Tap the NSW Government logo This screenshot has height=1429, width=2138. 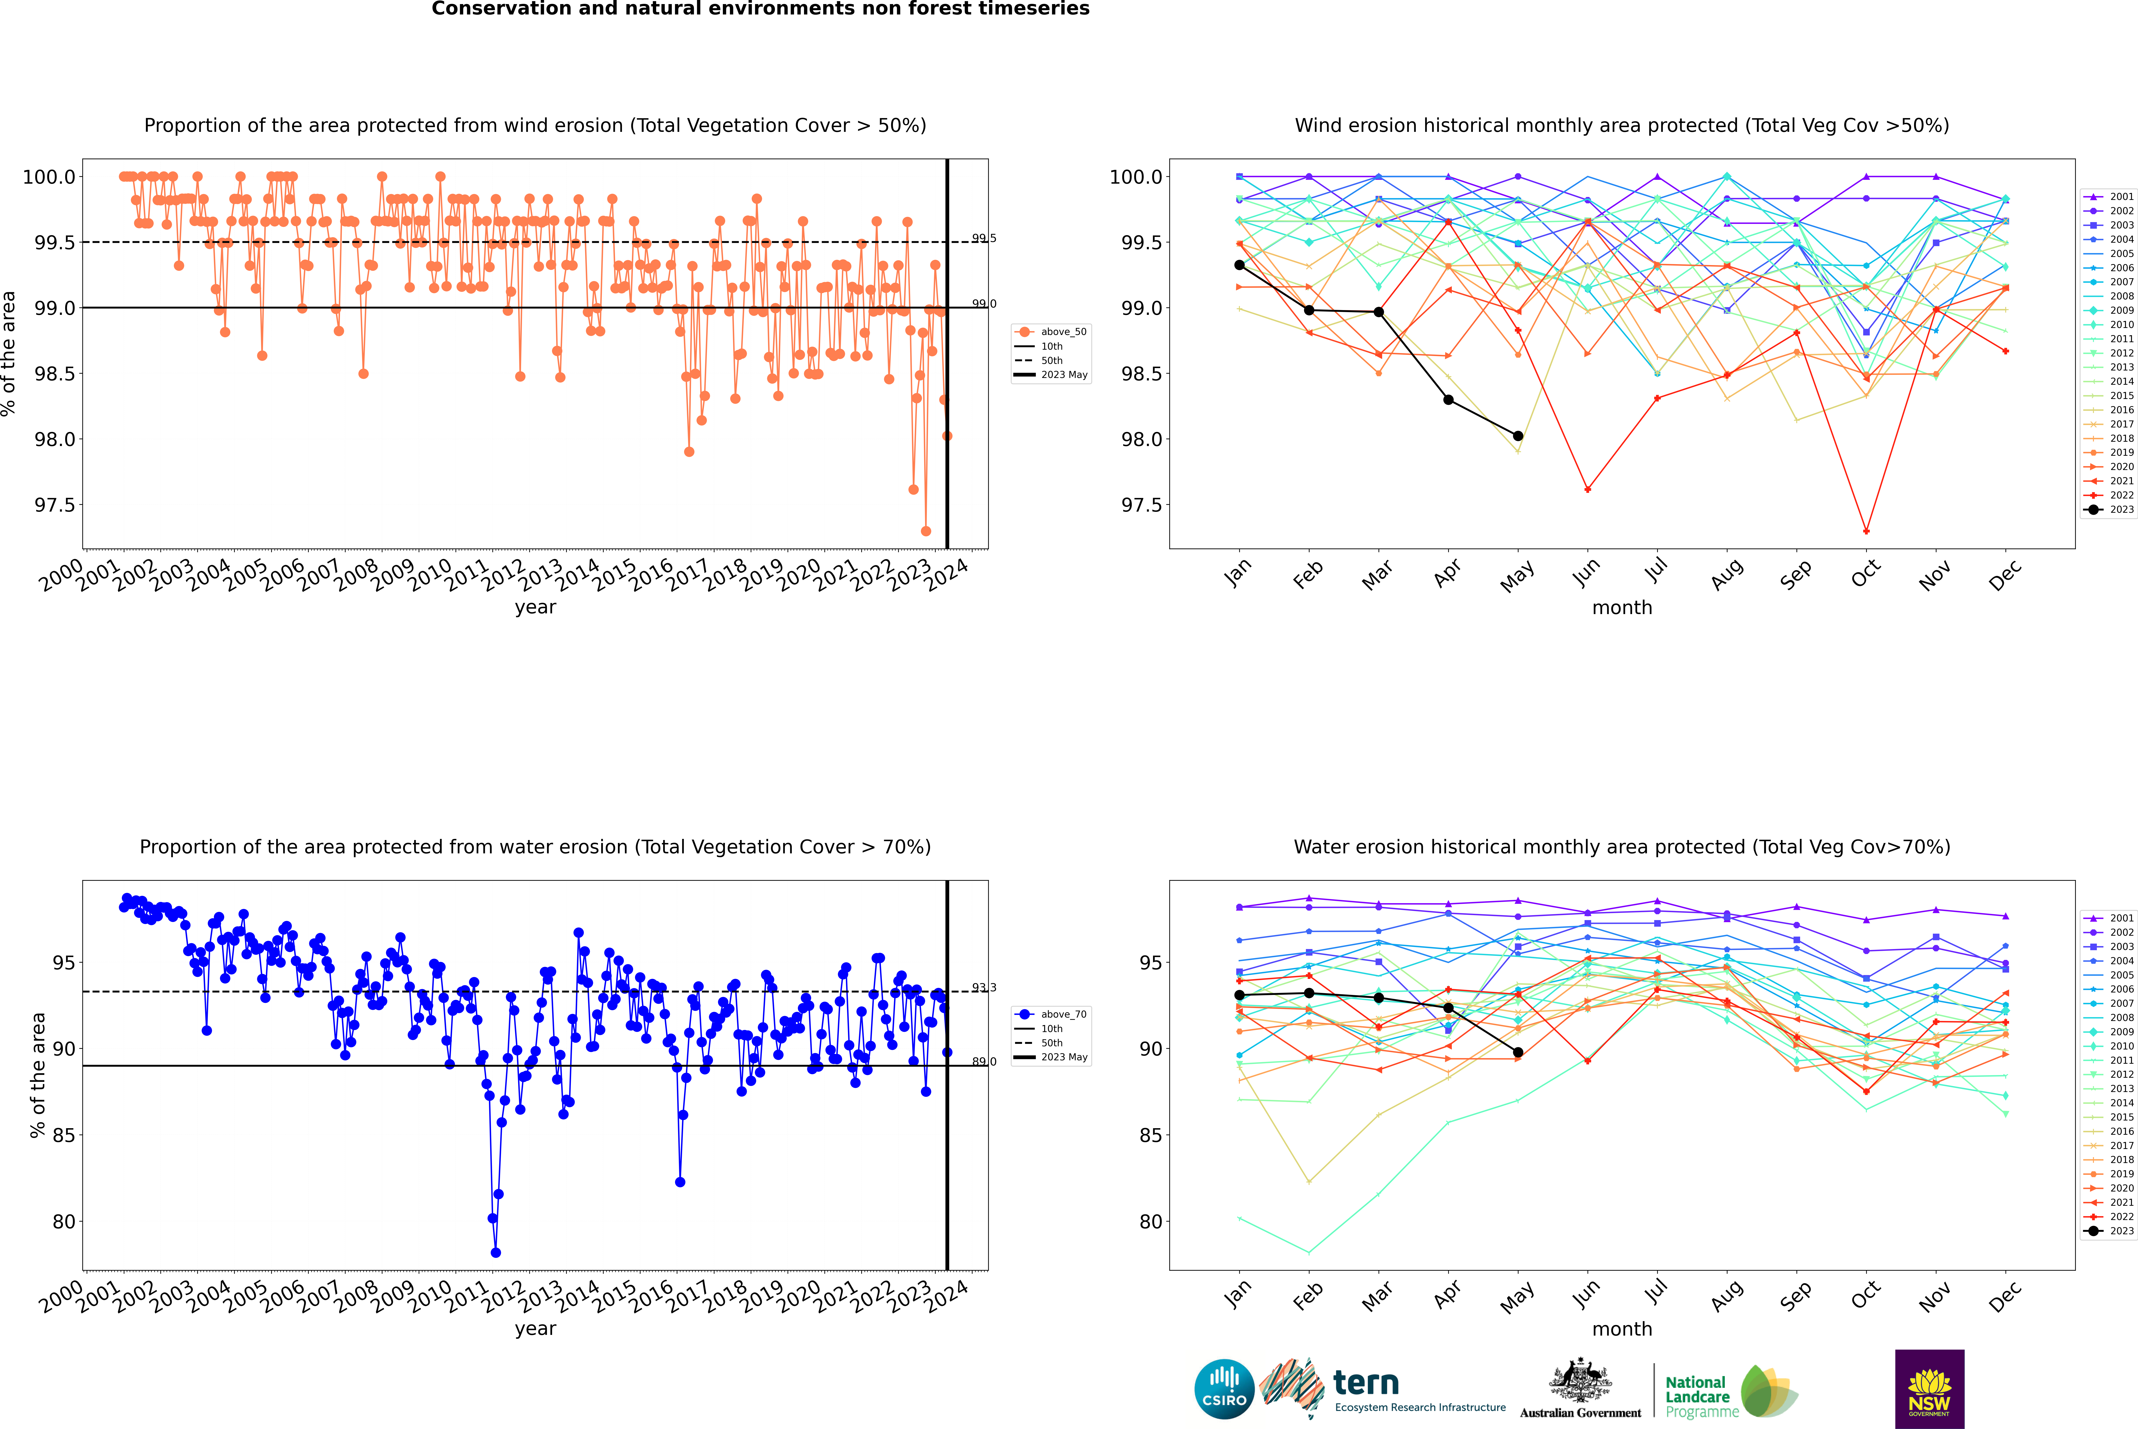(x=1929, y=1389)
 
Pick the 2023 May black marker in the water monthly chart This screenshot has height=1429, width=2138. (x=1517, y=1053)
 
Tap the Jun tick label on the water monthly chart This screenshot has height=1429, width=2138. (x=1587, y=1294)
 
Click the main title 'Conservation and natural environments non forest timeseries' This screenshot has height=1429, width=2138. (x=760, y=9)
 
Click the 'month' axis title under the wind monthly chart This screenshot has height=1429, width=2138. (x=1621, y=608)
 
